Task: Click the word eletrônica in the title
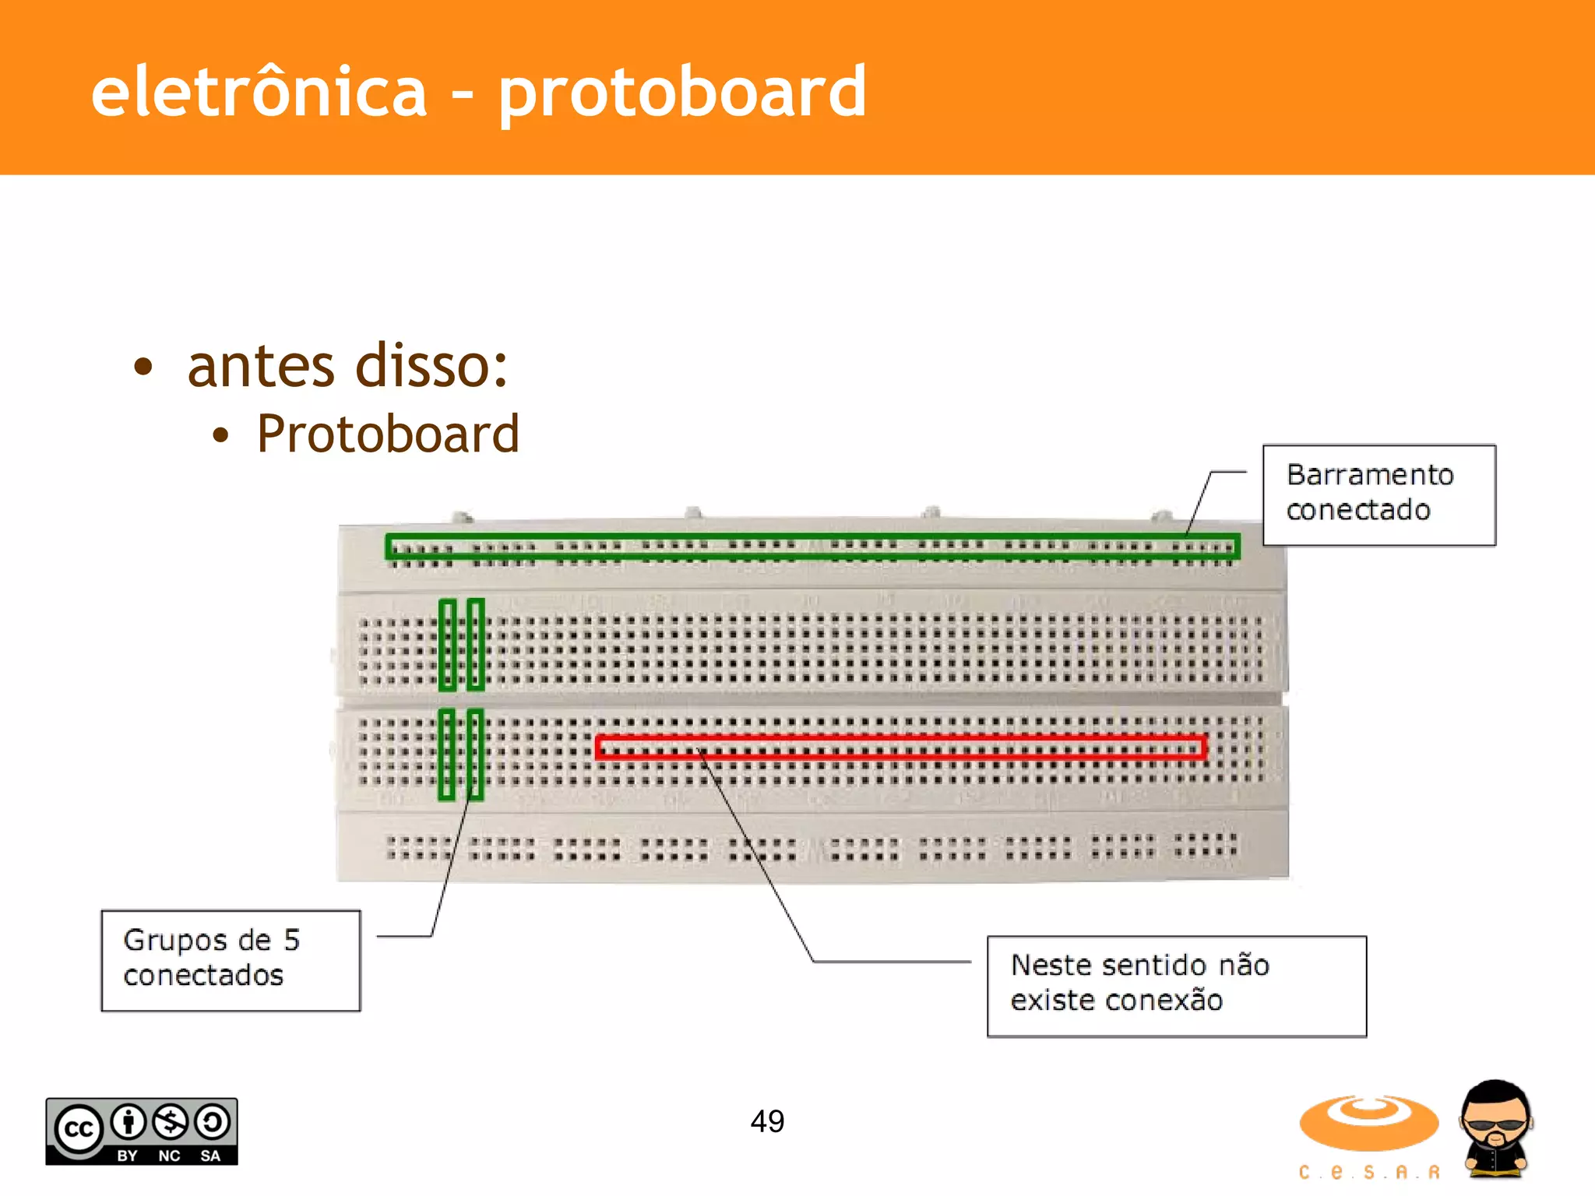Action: pyautogui.click(x=259, y=92)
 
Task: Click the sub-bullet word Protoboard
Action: pyautogui.click(x=388, y=434)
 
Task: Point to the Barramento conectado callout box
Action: pyautogui.click(x=1378, y=494)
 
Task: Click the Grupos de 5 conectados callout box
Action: pyautogui.click(x=231, y=960)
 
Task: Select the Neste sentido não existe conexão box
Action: pyautogui.click(x=1176, y=986)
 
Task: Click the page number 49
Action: pyautogui.click(x=767, y=1121)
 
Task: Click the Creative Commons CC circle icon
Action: pyautogui.click(x=78, y=1127)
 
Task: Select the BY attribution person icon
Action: pyautogui.click(x=129, y=1122)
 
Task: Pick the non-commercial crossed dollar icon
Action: pyautogui.click(x=170, y=1122)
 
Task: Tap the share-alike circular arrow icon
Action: pyautogui.click(x=212, y=1122)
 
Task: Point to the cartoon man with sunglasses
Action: pyautogui.click(x=1495, y=1127)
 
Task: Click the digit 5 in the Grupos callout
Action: pyautogui.click(x=291, y=940)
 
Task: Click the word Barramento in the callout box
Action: pyautogui.click(x=1369, y=475)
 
